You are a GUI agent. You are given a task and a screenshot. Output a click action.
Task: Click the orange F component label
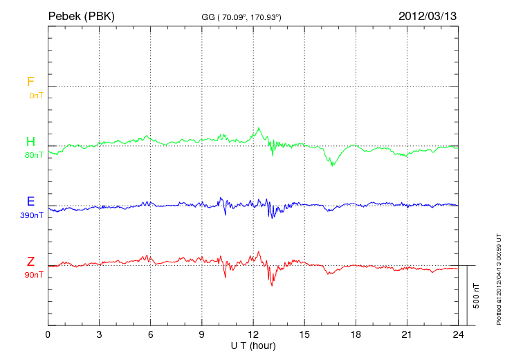point(30,82)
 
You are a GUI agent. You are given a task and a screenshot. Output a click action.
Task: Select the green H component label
point(30,142)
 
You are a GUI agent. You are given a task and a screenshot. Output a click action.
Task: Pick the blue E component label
point(30,201)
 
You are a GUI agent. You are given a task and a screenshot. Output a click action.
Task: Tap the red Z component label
point(30,261)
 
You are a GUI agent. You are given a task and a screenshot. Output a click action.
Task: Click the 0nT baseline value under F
point(35,95)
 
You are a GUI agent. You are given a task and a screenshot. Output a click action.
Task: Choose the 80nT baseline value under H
point(34,155)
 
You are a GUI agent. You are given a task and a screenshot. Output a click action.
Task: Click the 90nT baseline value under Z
point(34,275)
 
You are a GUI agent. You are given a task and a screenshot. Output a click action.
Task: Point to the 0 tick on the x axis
point(48,335)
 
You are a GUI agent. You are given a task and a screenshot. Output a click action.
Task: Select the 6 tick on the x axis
point(151,335)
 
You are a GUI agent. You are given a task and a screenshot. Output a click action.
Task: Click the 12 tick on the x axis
point(253,335)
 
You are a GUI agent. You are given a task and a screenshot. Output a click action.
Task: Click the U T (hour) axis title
point(253,345)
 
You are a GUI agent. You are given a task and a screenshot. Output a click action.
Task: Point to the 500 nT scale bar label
point(476,295)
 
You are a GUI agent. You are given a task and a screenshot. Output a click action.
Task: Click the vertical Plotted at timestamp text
point(498,277)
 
